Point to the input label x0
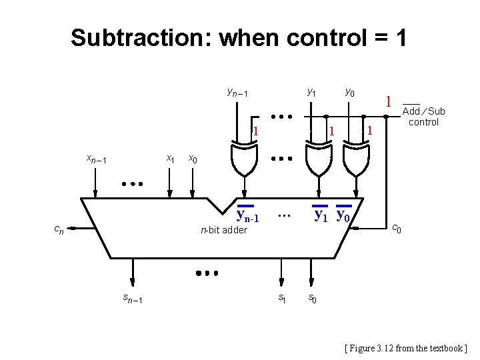[192, 159]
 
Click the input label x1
[170, 159]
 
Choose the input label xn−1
[97, 159]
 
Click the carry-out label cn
[59, 230]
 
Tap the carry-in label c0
[395, 229]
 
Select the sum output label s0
[312, 298]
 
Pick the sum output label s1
[282, 297]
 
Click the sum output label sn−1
[131, 298]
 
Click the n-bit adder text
[224, 230]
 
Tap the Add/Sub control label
[423, 116]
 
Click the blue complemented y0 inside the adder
[344, 215]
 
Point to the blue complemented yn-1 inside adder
[247, 215]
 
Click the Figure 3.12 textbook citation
[406, 348]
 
